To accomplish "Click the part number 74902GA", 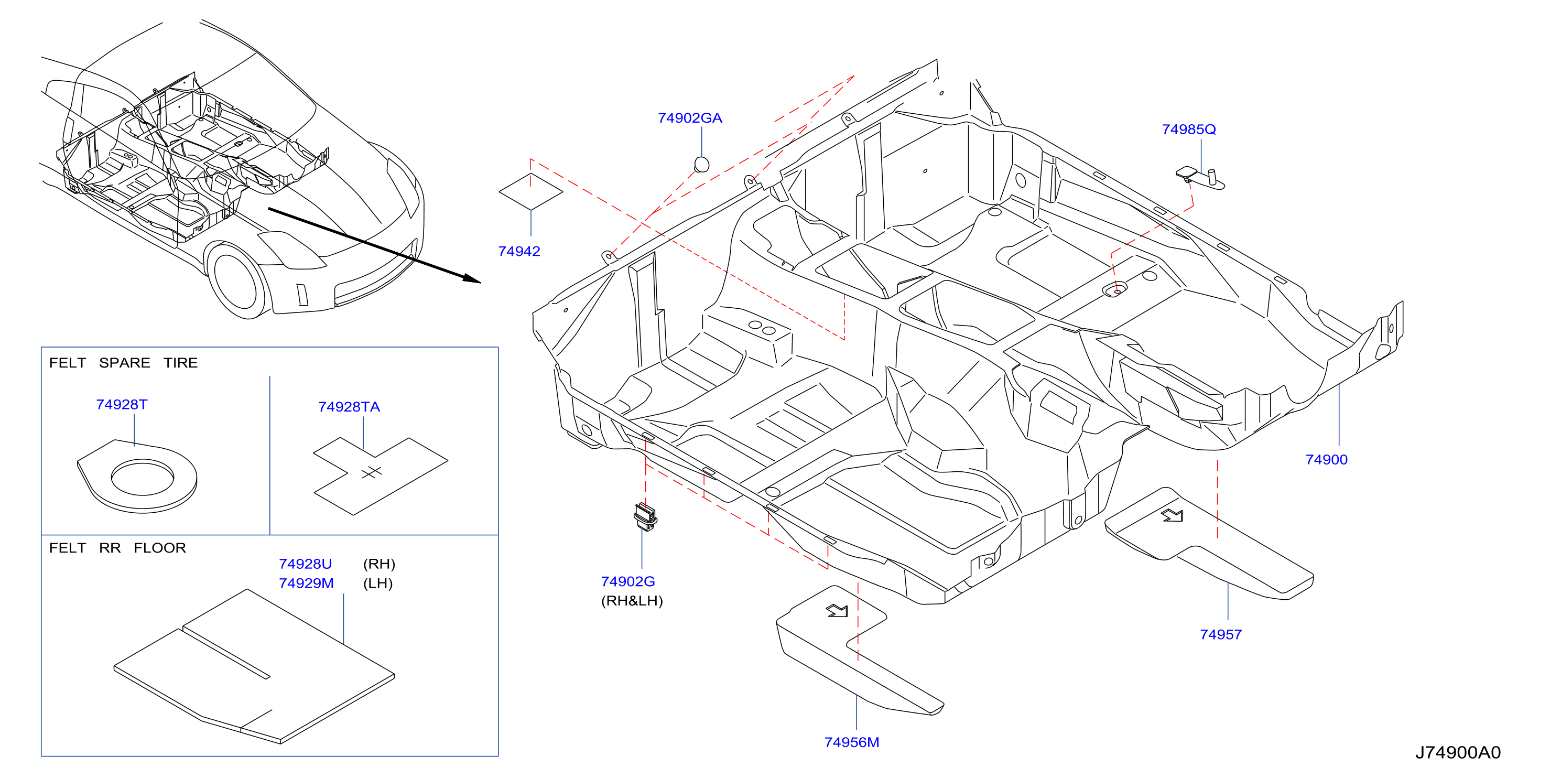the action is click(690, 118).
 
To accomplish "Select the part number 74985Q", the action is click(1188, 129).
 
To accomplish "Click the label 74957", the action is click(1220, 635).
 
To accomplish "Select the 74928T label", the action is click(121, 405).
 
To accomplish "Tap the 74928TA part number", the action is click(349, 407).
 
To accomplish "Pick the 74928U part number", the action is click(306, 564).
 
